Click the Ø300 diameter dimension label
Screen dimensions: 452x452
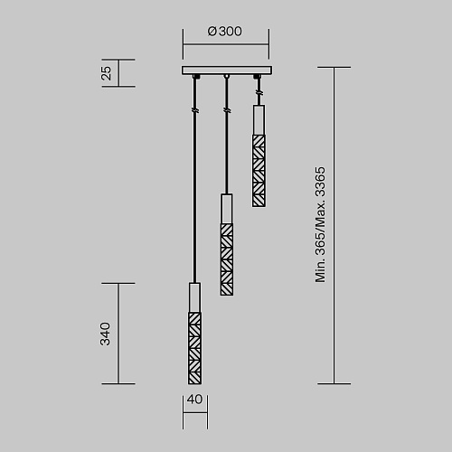click(224, 32)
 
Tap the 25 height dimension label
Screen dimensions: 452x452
click(106, 73)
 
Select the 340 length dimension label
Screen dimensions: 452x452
click(105, 334)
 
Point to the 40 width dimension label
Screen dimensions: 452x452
click(194, 400)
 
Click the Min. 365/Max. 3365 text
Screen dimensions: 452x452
click(320, 225)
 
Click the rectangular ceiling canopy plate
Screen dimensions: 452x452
click(227, 71)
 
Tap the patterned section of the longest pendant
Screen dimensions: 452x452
click(194, 348)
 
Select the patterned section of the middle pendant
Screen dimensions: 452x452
click(227, 259)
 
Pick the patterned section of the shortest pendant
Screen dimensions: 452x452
click(259, 171)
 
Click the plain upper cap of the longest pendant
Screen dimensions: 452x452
click(194, 297)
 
